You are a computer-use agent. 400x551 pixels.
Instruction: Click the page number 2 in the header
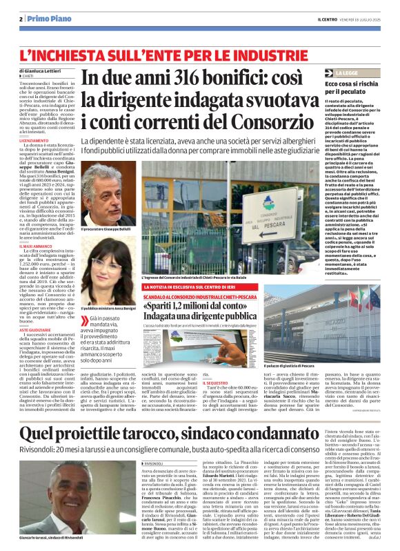(21, 18)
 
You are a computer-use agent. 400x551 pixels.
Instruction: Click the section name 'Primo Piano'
(43, 18)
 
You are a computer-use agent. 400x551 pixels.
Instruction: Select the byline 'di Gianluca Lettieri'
(45, 71)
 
